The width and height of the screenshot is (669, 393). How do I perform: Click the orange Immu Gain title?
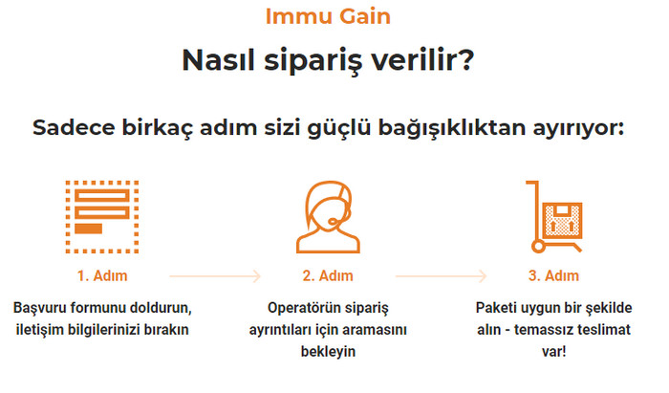tap(328, 16)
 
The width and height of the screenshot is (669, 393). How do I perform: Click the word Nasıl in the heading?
tap(219, 59)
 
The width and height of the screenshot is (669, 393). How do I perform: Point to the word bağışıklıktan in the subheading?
tap(452, 127)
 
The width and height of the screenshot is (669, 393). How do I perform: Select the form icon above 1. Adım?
tap(102, 217)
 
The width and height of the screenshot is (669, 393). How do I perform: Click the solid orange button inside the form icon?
tap(88, 229)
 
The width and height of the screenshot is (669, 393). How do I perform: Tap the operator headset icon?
tap(328, 217)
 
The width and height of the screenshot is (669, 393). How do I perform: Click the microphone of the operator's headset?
tap(333, 222)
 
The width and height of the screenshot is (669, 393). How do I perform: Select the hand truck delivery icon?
tap(553, 217)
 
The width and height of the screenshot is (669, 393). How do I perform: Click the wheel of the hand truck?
tap(538, 246)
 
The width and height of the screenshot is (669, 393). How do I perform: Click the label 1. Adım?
tap(102, 275)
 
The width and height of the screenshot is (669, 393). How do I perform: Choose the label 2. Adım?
tap(328, 275)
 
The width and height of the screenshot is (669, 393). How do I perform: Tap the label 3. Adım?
tap(553, 275)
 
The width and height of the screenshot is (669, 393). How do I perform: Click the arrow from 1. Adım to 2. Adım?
tap(215, 276)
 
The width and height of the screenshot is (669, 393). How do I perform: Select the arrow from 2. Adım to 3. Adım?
tap(442, 276)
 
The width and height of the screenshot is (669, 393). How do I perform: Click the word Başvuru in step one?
tap(40, 308)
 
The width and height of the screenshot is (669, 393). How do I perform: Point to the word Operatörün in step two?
tap(304, 308)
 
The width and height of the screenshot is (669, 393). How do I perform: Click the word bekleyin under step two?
tap(328, 351)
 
